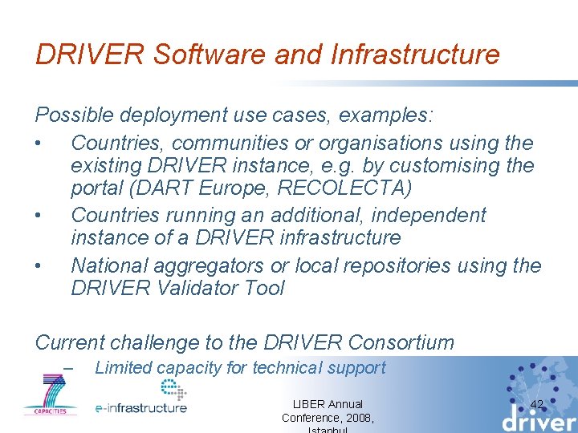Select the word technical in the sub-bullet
click(287, 368)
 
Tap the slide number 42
click(537, 404)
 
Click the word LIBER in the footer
click(305, 404)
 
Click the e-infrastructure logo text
click(140, 407)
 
